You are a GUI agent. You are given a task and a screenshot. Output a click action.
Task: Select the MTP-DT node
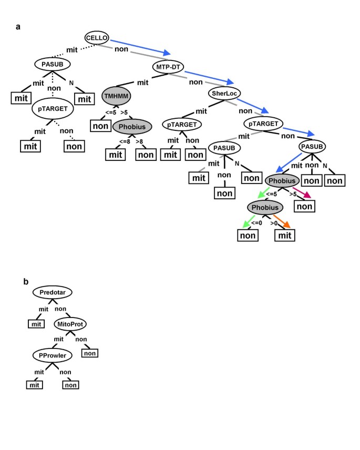tap(167, 67)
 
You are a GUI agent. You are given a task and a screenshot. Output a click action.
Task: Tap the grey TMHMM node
tap(116, 97)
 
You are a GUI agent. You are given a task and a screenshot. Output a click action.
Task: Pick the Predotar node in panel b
tap(52, 292)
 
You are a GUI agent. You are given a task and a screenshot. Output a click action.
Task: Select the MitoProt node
tap(70, 324)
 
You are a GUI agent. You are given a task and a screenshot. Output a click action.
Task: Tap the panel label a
tap(18, 27)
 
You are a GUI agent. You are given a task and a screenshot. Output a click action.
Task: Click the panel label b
tap(26, 281)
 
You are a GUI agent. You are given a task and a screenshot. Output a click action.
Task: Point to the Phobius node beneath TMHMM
tap(132, 127)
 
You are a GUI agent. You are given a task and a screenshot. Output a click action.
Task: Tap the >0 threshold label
tap(273, 223)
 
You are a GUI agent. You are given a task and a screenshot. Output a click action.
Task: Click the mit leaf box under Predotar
tap(35, 324)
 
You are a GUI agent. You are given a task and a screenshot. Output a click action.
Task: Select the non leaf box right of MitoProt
tap(89, 353)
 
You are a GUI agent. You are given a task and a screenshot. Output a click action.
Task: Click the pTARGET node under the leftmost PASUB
tap(53, 109)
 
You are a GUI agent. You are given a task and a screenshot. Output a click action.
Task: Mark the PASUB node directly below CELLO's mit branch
tap(53, 65)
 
